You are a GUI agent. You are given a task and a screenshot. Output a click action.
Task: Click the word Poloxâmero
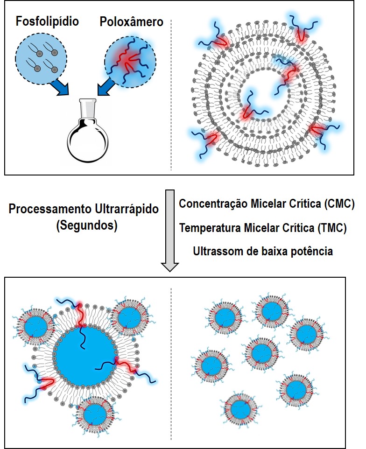point(131,21)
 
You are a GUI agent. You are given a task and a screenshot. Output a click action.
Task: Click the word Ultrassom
point(216,251)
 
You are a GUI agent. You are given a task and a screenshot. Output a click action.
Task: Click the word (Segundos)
point(86,225)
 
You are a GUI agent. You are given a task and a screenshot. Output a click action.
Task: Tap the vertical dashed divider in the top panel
point(172,93)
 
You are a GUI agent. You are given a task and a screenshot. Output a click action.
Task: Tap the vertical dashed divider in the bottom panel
point(172,364)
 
